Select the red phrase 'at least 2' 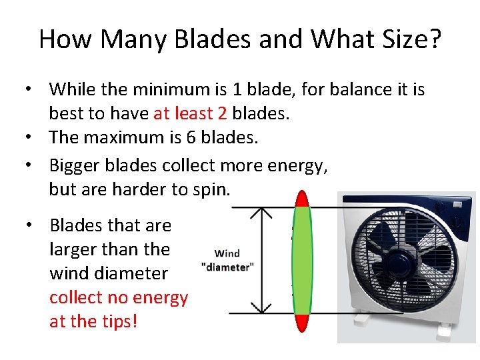coord(190,113)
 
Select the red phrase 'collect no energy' coord(119,297)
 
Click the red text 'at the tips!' coord(93,321)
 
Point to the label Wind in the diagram coord(227,253)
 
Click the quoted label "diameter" coord(227,266)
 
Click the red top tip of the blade coord(303,199)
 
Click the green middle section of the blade coord(303,260)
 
